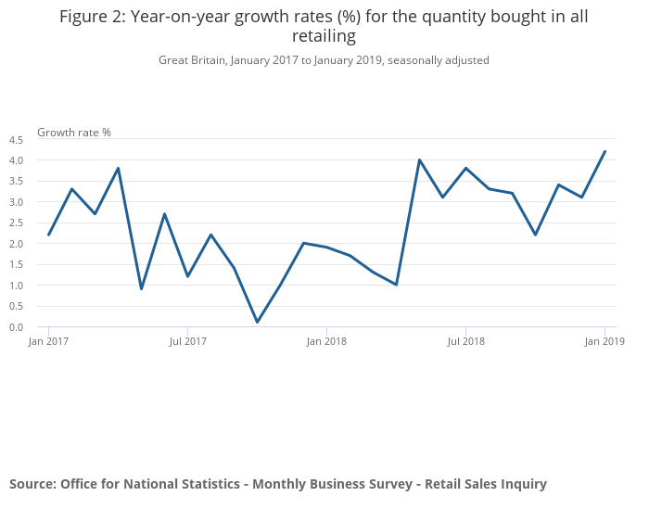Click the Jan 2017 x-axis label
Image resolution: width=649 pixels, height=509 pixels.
(x=48, y=341)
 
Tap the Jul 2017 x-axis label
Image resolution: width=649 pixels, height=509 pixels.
(x=187, y=341)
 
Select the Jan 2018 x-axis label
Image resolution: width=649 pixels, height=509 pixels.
(x=326, y=341)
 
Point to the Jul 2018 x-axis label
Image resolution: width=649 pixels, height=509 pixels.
(x=465, y=341)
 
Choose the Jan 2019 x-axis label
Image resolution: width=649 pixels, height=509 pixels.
(x=604, y=341)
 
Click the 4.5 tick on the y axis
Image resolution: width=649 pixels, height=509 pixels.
(x=16, y=140)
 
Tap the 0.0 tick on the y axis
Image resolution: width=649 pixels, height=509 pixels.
(x=16, y=327)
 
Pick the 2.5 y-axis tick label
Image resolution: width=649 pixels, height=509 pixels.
(x=16, y=223)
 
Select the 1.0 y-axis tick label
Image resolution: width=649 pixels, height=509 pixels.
(x=16, y=286)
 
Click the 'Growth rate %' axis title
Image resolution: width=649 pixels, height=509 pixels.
(x=74, y=133)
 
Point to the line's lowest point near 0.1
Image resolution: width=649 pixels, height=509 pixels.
(x=257, y=323)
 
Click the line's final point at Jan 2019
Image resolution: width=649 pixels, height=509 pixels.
(x=604, y=152)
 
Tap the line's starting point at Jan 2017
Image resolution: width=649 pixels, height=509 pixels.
(x=48, y=235)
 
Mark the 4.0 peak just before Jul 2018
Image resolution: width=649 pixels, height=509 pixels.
(x=419, y=159)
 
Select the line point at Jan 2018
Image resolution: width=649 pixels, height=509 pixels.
(x=326, y=248)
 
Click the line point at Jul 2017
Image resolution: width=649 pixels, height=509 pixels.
(x=187, y=276)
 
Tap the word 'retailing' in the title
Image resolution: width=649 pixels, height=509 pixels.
(x=324, y=37)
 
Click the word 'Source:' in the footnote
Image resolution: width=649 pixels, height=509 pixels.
(x=32, y=484)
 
